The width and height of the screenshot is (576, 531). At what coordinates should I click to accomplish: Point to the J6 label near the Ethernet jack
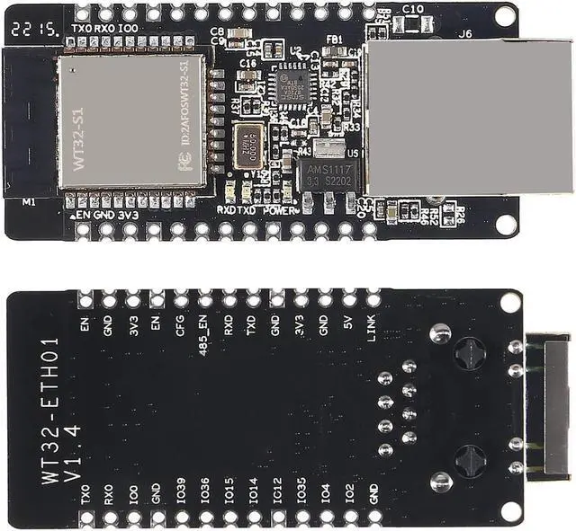point(464,33)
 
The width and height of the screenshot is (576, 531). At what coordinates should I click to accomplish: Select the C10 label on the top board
point(413,8)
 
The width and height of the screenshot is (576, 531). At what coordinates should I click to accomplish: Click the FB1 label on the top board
point(334,40)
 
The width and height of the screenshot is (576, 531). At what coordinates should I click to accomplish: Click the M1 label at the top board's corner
point(29,202)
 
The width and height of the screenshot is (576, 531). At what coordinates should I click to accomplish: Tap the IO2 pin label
point(349,492)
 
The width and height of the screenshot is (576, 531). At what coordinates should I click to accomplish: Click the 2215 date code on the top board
point(30,29)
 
